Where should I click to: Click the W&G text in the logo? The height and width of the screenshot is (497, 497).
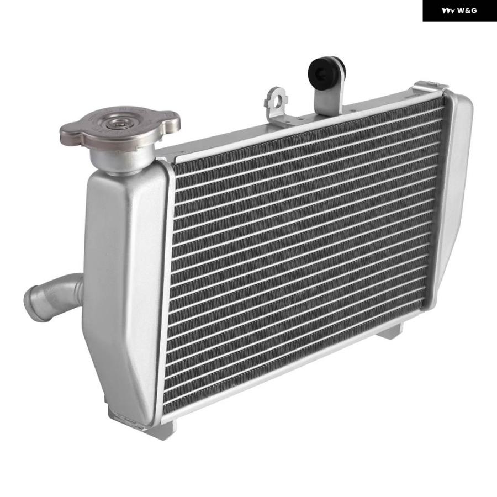[x=467, y=11]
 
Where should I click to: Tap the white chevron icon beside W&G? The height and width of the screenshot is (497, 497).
[x=448, y=11]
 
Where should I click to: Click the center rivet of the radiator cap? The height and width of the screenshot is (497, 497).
[x=118, y=123]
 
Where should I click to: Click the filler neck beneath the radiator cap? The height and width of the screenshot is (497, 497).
[x=121, y=160]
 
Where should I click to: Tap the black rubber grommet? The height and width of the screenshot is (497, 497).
[x=322, y=71]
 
